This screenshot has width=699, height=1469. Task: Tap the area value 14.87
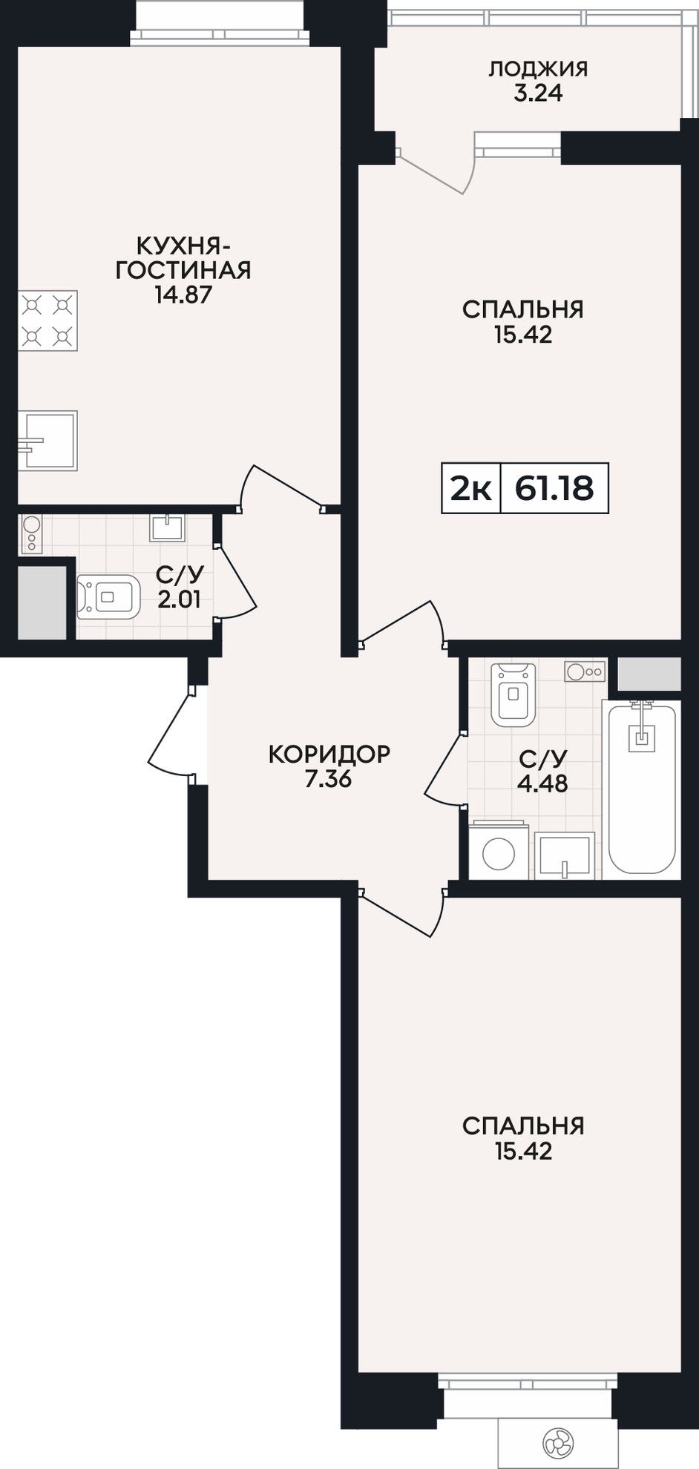click(183, 295)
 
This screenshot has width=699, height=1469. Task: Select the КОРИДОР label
click(329, 755)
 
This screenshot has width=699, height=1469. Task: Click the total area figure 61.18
click(554, 489)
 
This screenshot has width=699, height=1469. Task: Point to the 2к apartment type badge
click(470, 489)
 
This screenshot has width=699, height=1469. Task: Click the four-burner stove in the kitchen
click(47, 321)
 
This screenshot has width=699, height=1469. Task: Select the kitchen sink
click(47, 441)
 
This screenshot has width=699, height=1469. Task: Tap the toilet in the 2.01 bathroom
click(108, 596)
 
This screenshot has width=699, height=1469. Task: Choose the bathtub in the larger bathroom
click(642, 789)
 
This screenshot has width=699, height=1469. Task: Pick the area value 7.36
click(328, 780)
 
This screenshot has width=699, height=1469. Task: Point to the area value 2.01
click(179, 598)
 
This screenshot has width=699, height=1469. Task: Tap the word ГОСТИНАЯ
click(183, 269)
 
